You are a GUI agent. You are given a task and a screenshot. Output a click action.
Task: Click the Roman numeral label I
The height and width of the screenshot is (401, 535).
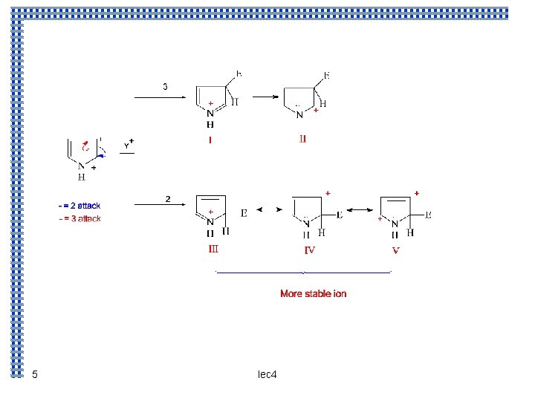click(210, 139)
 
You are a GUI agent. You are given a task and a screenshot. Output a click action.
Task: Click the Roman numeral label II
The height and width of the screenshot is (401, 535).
click(302, 138)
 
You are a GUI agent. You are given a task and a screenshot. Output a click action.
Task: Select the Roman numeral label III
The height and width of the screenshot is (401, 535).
click(213, 249)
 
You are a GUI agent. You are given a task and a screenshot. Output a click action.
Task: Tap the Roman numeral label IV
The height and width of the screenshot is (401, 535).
click(309, 250)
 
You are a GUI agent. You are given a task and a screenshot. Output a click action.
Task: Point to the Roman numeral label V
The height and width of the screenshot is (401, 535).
click(395, 250)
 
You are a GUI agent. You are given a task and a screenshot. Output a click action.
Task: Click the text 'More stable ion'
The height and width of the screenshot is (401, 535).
click(313, 294)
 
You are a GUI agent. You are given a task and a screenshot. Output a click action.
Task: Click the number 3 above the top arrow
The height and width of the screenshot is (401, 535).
click(165, 86)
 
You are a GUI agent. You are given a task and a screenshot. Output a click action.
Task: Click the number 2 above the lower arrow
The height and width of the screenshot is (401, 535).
click(168, 199)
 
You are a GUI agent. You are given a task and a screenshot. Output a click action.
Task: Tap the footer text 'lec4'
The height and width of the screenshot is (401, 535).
click(267, 374)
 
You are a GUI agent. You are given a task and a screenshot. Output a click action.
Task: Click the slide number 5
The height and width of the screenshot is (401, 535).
click(34, 374)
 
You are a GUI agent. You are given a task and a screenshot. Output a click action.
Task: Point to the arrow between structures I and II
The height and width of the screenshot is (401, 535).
click(264, 96)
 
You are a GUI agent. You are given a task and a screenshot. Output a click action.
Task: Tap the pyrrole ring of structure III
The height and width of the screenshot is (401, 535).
click(210, 209)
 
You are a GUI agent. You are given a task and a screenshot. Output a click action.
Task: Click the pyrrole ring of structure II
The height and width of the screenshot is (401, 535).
click(301, 101)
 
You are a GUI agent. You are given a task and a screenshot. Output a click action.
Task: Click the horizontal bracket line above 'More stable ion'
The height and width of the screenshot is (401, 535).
click(303, 273)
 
